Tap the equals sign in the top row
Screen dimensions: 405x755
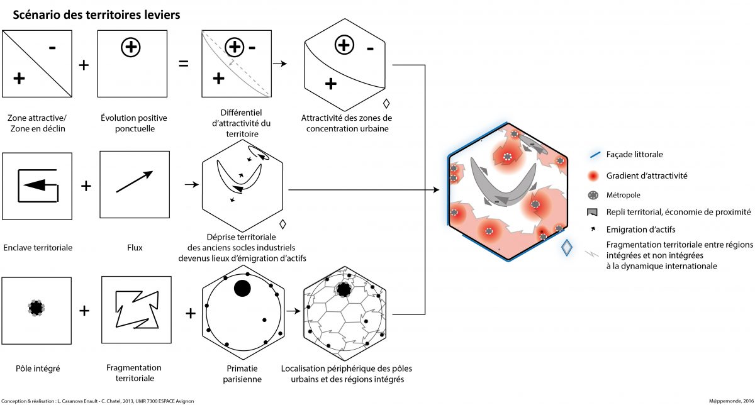tap(184, 64)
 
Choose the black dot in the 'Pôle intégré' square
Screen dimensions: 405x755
tap(36, 308)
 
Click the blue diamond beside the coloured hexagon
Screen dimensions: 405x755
tap(567, 248)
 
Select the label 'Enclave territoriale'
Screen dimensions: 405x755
tap(38, 247)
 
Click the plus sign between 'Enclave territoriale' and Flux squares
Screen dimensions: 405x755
tap(86, 186)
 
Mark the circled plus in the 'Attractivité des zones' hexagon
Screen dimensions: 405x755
tap(344, 45)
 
